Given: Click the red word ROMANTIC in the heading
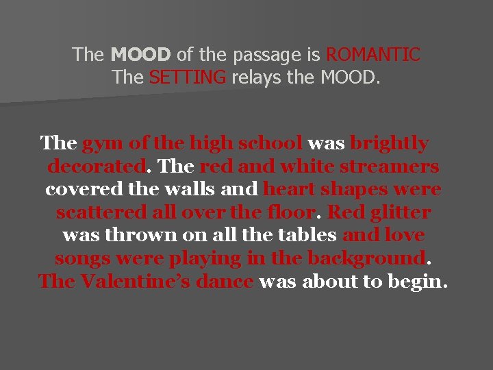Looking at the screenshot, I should (x=373, y=54).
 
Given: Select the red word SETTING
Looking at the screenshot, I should (x=187, y=77).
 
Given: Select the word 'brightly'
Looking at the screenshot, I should (x=389, y=143).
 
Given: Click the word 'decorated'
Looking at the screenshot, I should (x=97, y=166).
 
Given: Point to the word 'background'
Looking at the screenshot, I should (x=366, y=259).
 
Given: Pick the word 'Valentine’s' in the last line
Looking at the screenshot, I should (x=164, y=282).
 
